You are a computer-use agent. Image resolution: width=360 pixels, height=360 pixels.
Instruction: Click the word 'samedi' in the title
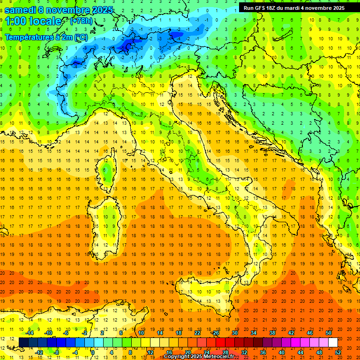[x=20, y=10]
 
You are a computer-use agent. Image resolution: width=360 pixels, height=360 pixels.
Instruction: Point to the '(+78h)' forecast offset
[x=81, y=21]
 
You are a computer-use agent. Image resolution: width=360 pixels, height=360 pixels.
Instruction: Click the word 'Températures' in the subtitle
[x=29, y=37]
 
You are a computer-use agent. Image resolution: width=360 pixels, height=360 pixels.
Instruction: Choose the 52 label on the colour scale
[x=338, y=352]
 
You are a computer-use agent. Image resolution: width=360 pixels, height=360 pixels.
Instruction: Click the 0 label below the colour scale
[x=93, y=352]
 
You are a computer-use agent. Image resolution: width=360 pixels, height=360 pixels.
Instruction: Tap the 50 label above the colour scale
[x=329, y=333]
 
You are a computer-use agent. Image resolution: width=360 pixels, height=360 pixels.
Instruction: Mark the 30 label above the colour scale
[x=234, y=333]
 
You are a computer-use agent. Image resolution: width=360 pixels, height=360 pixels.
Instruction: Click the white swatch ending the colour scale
[x=333, y=343]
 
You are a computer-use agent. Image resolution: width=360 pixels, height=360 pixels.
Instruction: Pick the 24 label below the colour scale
[x=206, y=352]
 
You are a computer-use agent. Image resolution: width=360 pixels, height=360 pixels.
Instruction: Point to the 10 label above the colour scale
[x=141, y=333]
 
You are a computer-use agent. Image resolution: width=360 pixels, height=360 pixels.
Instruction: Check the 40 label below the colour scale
[x=282, y=352]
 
